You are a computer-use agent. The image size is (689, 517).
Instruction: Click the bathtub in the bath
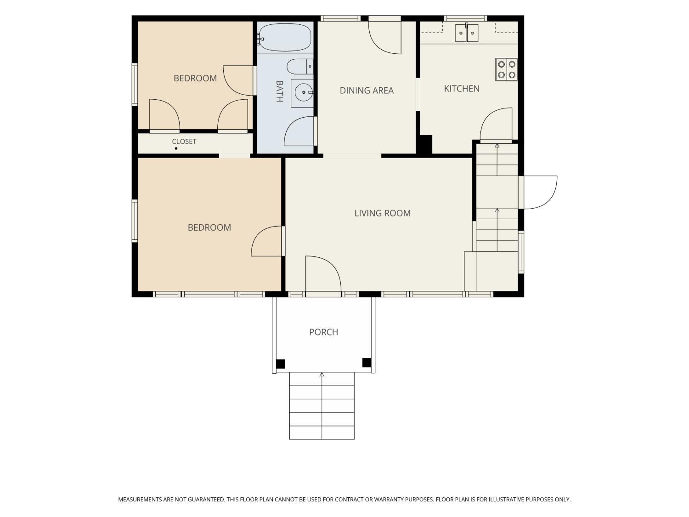[285, 37]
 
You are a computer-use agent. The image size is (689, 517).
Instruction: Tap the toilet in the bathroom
[300, 67]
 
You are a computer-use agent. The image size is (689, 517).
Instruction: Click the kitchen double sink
[467, 33]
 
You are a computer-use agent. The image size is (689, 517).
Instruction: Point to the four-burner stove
[507, 69]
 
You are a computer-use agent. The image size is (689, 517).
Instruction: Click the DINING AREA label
[366, 91]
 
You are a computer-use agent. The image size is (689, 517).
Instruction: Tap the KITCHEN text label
[462, 89]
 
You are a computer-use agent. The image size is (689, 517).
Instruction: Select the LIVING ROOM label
[382, 213]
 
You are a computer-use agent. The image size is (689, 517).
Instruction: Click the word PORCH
[323, 332]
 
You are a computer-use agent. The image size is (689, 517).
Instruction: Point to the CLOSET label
[184, 142]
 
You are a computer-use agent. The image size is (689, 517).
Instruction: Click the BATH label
[279, 91]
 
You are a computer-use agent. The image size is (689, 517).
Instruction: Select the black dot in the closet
[176, 148]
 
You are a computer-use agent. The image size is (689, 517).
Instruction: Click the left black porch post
[280, 364]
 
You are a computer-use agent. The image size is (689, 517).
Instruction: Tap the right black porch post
[367, 363]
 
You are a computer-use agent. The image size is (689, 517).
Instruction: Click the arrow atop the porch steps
[322, 375]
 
